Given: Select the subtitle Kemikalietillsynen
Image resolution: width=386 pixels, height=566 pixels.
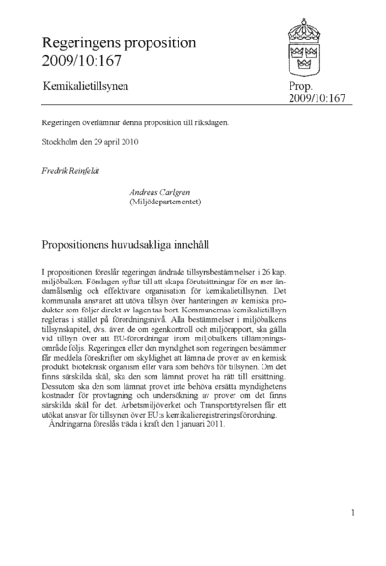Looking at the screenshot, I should click(85, 87).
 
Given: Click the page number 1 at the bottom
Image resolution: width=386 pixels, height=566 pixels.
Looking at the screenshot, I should click(354, 514).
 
